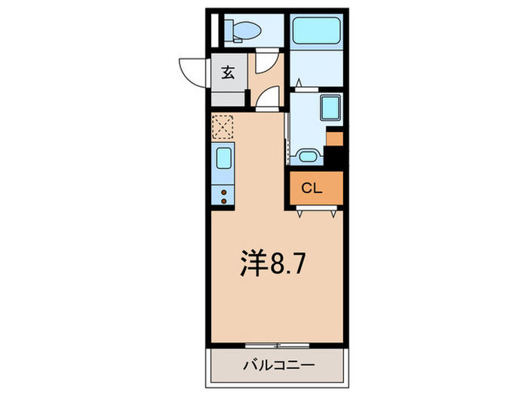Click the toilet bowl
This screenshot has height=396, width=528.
[247, 30]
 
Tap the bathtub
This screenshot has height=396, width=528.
[316, 30]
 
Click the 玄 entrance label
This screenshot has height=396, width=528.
[228, 72]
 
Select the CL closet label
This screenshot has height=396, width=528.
[312, 189]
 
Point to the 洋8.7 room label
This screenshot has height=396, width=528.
[272, 264]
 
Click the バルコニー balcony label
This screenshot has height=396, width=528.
[279, 365]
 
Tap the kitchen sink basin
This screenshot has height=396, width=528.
[223, 158]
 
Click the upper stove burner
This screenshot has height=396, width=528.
[223, 192]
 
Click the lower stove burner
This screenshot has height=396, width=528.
[223, 201]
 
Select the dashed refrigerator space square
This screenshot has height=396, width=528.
[223, 127]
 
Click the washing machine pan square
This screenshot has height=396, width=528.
[330, 107]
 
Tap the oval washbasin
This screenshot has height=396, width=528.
[307, 157]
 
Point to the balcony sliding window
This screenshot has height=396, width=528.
[277, 345]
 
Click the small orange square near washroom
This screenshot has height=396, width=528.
[335, 139]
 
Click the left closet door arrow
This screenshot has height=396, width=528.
[299, 214]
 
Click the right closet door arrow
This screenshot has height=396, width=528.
[333, 214]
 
